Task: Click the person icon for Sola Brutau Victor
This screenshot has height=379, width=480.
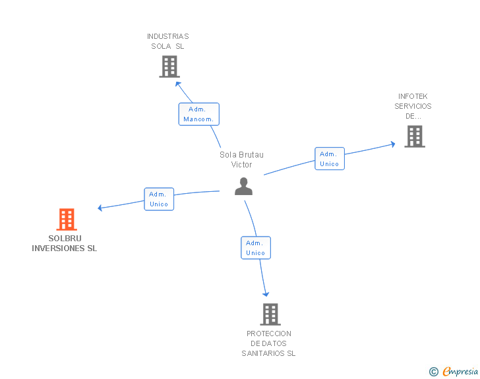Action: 243,187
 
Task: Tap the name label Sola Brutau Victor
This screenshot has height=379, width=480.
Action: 241,160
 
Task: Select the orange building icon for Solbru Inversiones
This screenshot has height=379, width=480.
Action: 67,219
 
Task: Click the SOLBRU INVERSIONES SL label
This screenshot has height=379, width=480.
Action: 65,243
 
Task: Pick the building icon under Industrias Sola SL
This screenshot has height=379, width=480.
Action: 169,67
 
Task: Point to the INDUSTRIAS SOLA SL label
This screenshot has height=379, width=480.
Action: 167,42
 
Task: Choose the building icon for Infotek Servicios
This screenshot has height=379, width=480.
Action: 414,136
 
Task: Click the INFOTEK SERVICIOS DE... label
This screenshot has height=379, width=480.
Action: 413,106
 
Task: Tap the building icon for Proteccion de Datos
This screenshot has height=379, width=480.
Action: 270,314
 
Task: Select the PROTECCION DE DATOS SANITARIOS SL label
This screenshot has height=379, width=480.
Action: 268,343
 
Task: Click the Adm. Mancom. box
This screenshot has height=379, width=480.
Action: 198,114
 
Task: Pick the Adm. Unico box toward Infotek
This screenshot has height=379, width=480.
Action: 329,159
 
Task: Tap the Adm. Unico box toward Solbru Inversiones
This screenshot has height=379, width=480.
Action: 159,199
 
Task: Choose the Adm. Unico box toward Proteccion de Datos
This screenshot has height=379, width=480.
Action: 255,248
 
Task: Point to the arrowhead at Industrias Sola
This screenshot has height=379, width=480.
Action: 177,83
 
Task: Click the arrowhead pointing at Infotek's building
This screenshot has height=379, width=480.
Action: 393,143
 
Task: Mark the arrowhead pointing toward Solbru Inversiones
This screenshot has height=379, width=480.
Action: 100,208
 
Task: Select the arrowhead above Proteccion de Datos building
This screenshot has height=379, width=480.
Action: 266,294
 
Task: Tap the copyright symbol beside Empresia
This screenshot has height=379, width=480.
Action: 433,372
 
